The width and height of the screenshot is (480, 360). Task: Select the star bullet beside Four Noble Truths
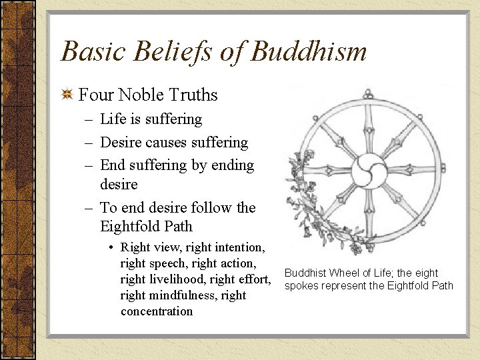[x=67, y=95]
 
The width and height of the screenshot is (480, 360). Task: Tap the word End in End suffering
[x=112, y=165]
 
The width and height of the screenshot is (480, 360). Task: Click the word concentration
[x=157, y=311]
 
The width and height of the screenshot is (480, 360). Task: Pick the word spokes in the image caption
[x=303, y=286]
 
